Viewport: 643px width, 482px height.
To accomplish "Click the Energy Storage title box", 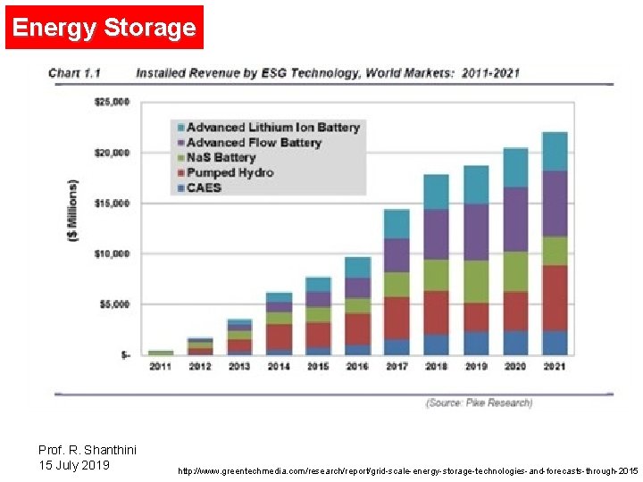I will point(104,28).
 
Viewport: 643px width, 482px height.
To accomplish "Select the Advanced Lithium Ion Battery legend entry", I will point(272,128).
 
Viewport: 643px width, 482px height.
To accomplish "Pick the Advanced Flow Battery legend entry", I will point(254,143).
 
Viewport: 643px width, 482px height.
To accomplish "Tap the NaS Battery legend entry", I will point(221,158).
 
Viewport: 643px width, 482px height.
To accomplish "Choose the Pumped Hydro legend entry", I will point(230,173).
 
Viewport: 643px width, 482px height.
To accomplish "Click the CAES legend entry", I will point(204,188).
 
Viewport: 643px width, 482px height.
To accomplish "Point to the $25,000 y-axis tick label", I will point(112,103).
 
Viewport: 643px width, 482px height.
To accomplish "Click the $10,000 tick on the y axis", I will point(112,254).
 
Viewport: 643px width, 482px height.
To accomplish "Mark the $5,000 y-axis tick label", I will point(113,304).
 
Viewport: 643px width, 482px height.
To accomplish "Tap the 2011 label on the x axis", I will point(161,367).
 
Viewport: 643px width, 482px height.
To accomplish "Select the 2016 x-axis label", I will point(357,367).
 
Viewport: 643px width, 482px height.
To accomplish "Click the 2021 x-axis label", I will point(555,367).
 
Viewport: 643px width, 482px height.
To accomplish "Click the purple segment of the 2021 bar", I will point(555,204).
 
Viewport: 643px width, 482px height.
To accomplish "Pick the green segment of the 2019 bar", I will point(476,281).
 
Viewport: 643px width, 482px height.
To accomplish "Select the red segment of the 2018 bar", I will point(436,312).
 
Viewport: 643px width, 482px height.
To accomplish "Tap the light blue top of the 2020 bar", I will point(515,168).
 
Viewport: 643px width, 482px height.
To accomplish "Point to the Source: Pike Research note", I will point(479,403).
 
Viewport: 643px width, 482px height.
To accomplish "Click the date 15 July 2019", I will point(74,465).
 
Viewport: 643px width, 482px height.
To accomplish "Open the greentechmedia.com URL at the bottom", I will point(408,470).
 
